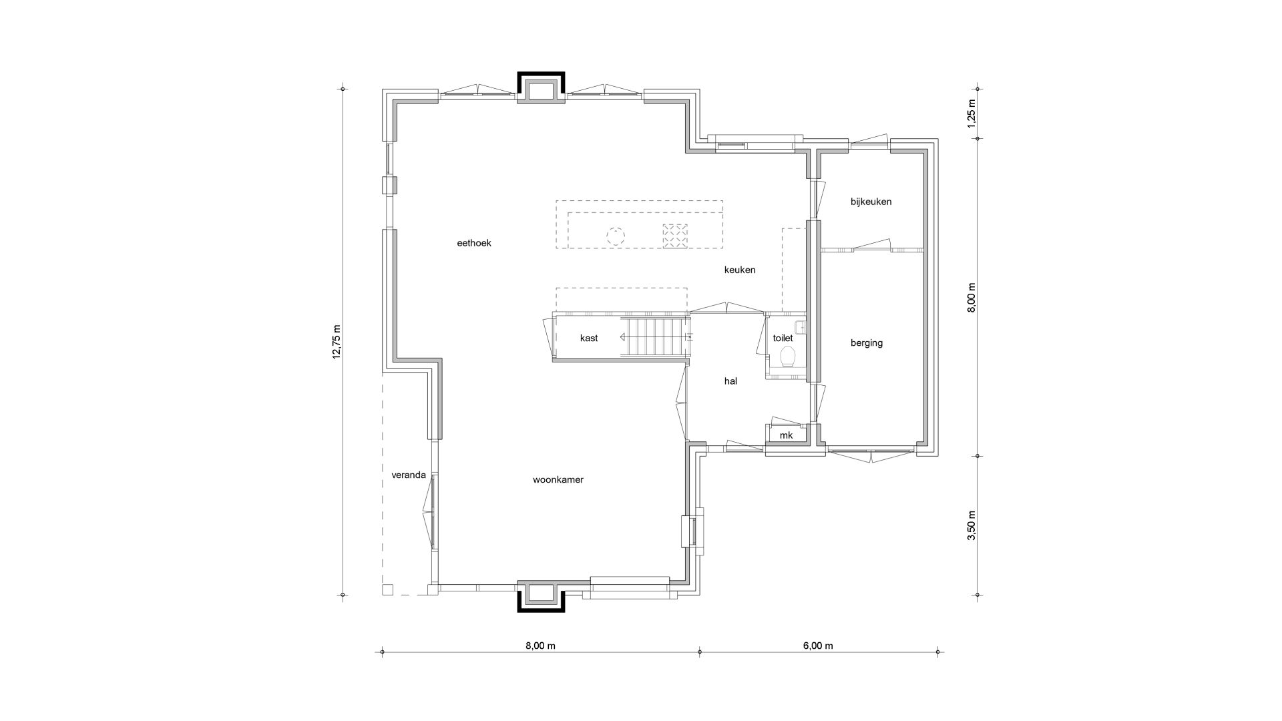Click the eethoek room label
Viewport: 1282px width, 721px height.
point(474,243)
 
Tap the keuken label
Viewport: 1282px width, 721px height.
point(740,270)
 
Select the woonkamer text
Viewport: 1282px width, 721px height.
point(558,479)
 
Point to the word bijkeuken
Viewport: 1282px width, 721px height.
point(871,202)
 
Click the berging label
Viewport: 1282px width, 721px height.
point(867,343)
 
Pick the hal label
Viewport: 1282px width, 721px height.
point(730,381)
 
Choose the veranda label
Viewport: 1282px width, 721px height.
point(409,475)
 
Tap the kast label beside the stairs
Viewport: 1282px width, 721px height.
point(589,338)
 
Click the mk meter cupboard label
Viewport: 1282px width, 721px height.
point(786,435)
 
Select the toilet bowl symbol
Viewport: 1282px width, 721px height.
point(787,357)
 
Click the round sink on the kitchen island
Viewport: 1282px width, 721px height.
point(615,236)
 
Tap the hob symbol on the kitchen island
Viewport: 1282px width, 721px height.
point(675,236)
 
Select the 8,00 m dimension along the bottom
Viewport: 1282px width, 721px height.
point(540,646)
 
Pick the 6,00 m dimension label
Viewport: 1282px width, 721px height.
point(818,646)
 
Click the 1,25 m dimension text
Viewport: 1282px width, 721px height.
point(972,113)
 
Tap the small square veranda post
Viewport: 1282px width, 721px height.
point(387,589)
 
